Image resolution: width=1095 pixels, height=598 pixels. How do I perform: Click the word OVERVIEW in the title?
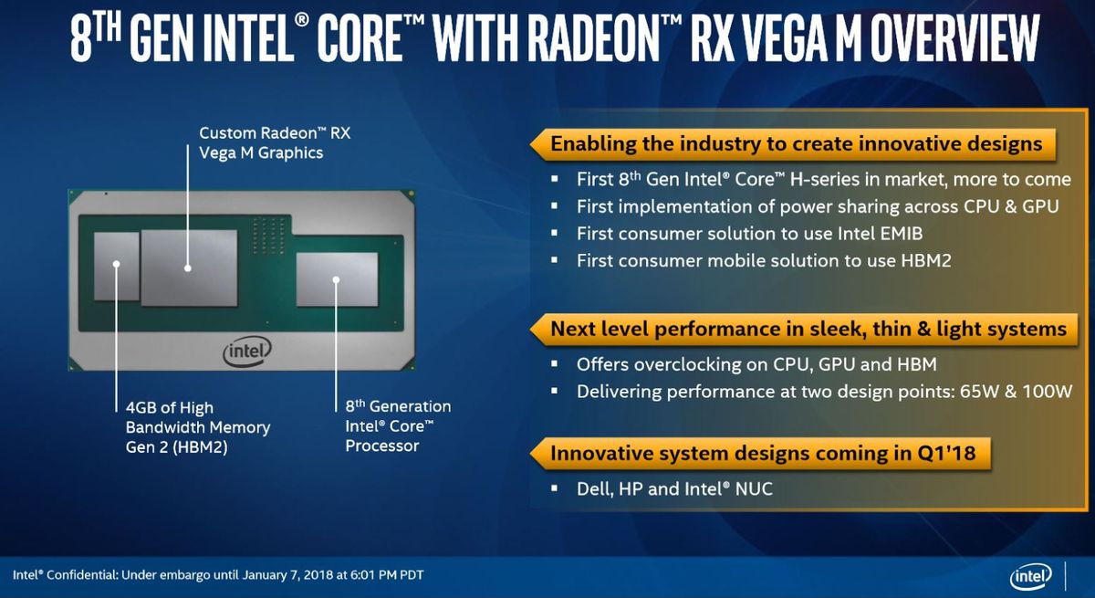954,38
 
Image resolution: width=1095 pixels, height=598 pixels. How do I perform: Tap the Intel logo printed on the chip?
247,351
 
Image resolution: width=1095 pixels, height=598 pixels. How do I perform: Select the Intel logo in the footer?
1030,577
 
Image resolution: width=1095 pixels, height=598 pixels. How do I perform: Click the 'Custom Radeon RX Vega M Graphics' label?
275,142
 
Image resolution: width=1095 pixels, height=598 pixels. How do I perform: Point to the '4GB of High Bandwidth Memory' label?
198,427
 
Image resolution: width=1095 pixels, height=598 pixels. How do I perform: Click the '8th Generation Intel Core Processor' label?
398,425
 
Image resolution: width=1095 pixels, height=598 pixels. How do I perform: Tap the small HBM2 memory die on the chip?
117,267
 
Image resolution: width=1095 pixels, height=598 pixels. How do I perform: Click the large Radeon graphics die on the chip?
189,268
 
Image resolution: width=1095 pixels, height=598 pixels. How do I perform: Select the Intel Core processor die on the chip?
338,279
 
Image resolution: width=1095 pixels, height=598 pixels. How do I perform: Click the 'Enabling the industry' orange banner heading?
797,143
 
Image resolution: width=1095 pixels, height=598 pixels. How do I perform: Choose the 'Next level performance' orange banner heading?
808,329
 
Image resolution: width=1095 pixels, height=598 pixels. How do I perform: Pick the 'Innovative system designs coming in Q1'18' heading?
763,453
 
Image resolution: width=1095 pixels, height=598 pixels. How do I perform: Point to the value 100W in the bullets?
1048,392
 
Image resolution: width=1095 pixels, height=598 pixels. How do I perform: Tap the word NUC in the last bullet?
754,489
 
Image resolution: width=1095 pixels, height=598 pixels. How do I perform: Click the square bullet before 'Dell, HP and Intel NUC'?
555,488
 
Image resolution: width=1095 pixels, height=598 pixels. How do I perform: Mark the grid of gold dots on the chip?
268,236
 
